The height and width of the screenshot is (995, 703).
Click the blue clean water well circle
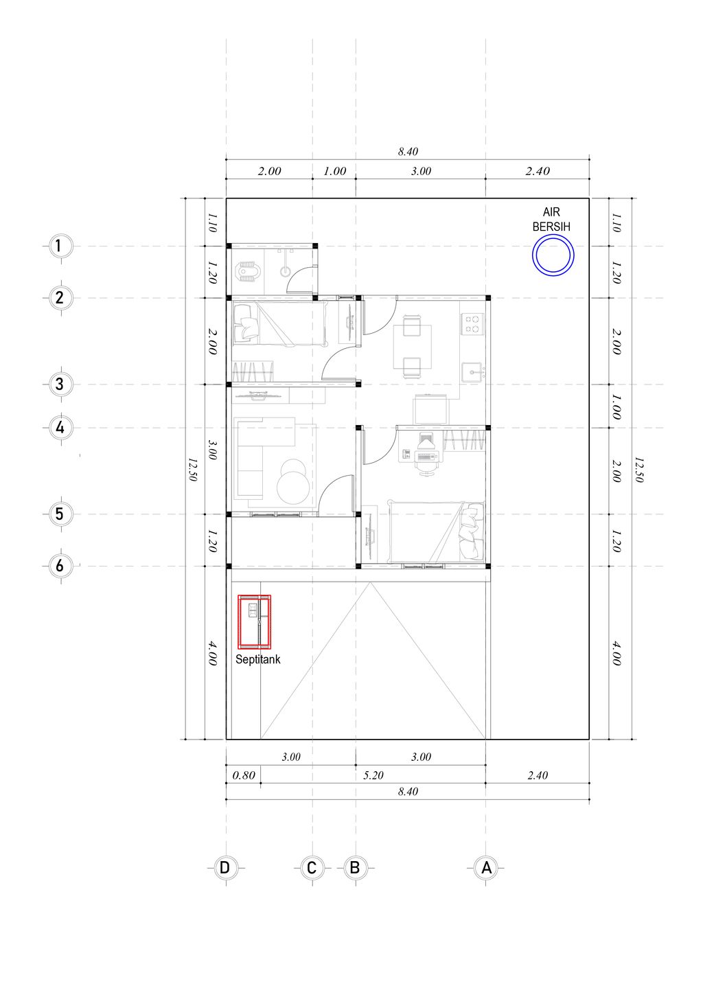tap(553, 236)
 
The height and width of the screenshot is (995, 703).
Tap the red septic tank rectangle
tap(239, 621)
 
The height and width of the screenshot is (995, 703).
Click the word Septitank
tap(257, 660)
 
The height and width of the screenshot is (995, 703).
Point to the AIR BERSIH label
tap(551, 220)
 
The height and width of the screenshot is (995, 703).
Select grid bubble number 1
tap(58, 246)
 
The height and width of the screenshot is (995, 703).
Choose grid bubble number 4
tap(60, 428)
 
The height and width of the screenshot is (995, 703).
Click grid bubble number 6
tap(60, 566)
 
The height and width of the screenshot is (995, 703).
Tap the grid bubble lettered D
tap(225, 867)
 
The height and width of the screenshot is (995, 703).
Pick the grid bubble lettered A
tap(486, 867)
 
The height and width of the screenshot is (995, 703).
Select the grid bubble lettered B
tap(355, 867)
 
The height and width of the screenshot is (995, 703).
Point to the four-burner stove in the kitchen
tap(472, 324)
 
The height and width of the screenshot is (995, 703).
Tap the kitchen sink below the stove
tap(472, 372)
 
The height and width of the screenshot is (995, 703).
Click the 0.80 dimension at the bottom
tap(244, 775)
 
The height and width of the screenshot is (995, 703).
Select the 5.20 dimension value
tap(373, 775)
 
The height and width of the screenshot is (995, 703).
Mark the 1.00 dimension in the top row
tap(334, 171)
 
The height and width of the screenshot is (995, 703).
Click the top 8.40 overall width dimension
tap(408, 152)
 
